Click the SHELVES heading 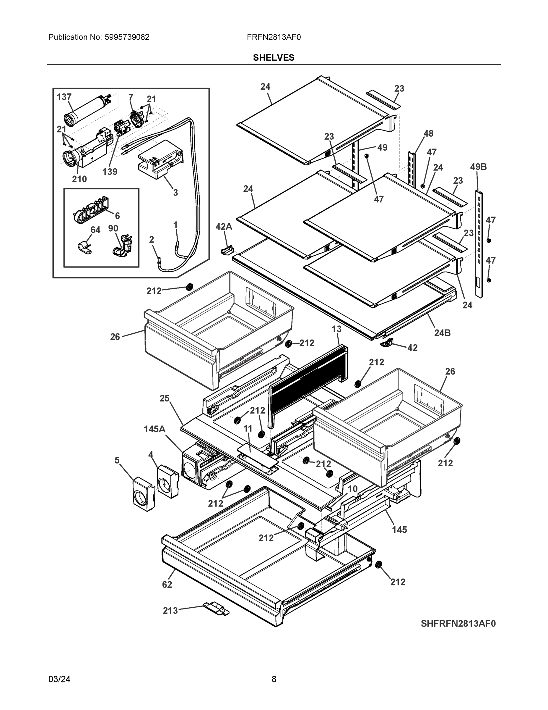tap(273, 58)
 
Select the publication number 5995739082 tap(127, 37)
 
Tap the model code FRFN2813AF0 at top tap(273, 37)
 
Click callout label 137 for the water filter tap(64, 97)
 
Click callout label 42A tap(224, 227)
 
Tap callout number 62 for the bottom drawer tap(167, 584)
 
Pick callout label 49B tap(478, 167)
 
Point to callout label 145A tap(155, 429)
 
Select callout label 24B tap(442, 333)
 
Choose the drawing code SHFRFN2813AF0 tap(458, 624)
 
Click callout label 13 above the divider tap(336, 329)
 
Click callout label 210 tap(79, 179)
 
